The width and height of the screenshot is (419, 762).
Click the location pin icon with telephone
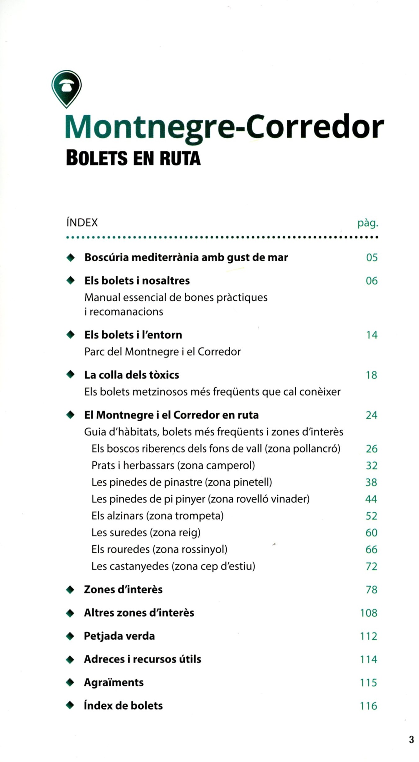(66, 88)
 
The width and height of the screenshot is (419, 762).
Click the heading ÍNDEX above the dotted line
(82, 223)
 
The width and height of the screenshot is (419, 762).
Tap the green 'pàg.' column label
(368, 223)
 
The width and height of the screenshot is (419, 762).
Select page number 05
(372, 258)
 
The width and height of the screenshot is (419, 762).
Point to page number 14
(372, 335)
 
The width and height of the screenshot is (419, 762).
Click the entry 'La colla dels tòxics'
(131, 375)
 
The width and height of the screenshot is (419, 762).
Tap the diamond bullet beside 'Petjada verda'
(70, 636)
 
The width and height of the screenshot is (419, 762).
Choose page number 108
(368, 613)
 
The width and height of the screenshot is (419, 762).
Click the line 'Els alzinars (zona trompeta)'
(157, 516)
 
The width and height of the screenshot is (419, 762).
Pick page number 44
(371, 499)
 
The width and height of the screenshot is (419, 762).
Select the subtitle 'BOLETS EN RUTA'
(133, 158)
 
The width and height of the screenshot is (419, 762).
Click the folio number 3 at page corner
(411, 739)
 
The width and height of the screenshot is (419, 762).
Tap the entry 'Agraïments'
(114, 682)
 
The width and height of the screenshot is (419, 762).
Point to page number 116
(368, 706)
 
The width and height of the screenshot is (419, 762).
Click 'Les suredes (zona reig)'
(146, 533)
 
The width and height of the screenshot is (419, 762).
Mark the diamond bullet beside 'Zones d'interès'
(70, 590)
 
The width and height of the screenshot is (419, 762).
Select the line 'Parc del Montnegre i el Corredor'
(162, 352)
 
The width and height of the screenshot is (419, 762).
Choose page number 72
(371, 566)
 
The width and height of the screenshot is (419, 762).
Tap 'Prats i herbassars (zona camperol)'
(173, 466)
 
